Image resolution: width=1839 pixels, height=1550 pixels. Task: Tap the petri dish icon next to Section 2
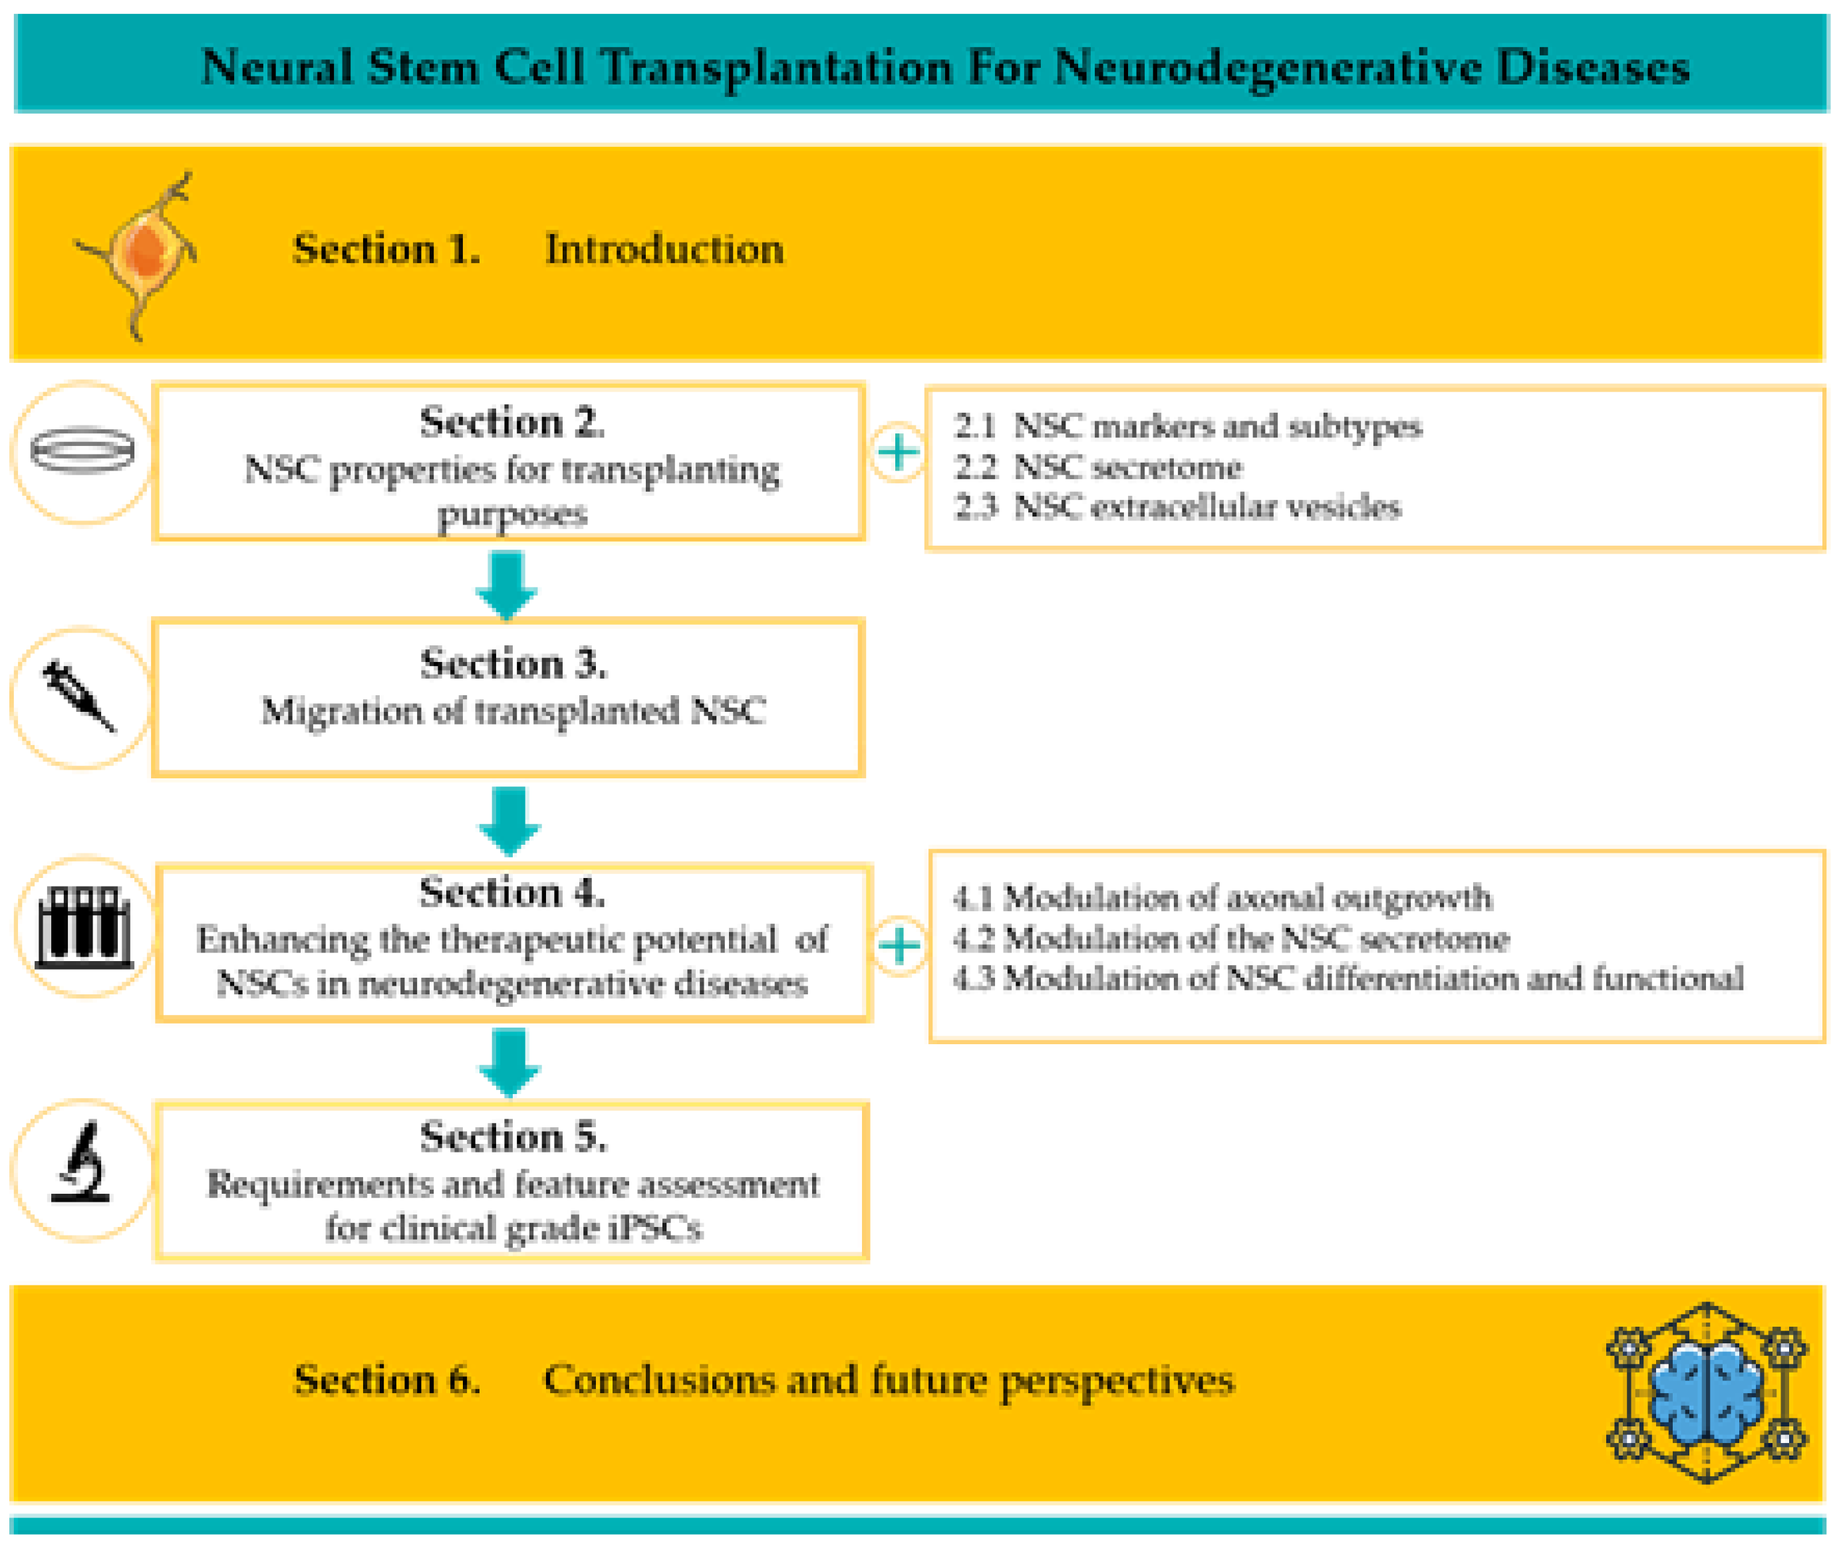[x=82, y=451]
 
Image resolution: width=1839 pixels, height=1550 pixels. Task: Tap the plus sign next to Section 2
[x=897, y=453]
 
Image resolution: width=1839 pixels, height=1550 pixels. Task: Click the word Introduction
[x=664, y=249]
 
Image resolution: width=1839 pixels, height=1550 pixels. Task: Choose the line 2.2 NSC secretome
[x=1098, y=467]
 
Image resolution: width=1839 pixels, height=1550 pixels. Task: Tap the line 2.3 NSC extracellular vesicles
[x=1177, y=507]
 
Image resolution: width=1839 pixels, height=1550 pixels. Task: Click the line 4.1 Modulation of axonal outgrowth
[x=1222, y=897]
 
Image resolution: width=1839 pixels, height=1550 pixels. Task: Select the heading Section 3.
[x=513, y=663]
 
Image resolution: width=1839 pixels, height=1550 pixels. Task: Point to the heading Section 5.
[x=513, y=1136]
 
